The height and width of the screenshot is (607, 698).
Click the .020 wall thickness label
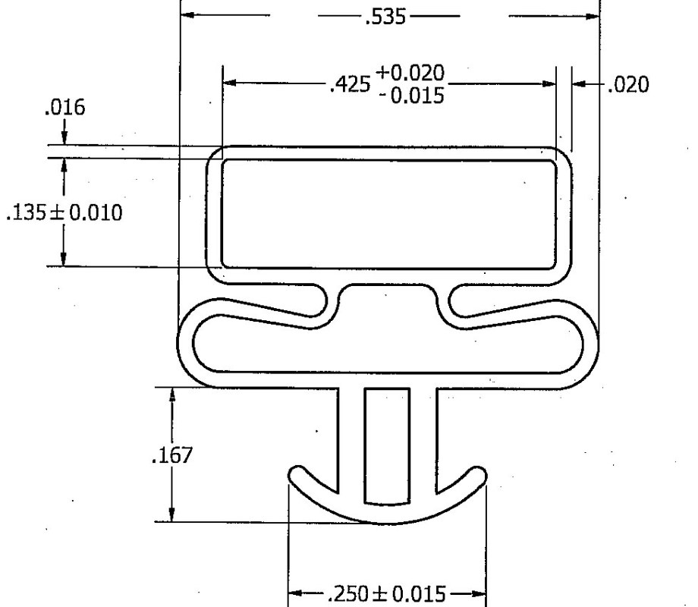click(x=629, y=85)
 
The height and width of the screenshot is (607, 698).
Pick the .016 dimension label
click(x=64, y=107)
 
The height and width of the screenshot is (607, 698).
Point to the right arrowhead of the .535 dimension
click(x=592, y=16)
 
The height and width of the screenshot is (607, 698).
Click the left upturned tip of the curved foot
click(x=297, y=476)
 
